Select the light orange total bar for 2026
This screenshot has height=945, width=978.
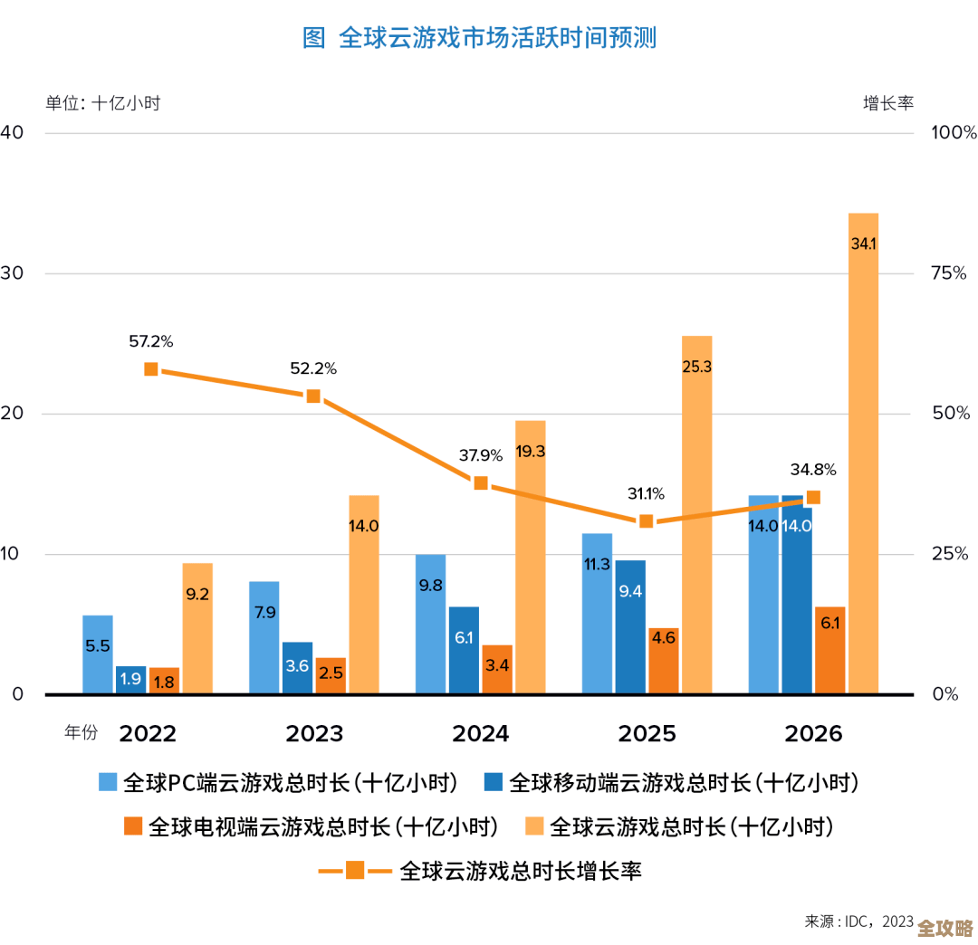pyautogui.click(x=863, y=453)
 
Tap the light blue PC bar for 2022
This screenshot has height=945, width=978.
pyautogui.click(x=98, y=654)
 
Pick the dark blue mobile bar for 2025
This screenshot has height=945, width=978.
pyautogui.click(x=630, y=626)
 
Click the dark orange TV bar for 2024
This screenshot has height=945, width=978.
pyautogui.click(x=497, y=669)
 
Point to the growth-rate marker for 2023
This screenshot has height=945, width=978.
pyautogui.click(x=313, y=396)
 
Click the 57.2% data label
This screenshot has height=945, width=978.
pyautogui.click(x=150, y=342)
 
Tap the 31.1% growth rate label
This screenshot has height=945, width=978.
pyautogui.click(x=646, y=494)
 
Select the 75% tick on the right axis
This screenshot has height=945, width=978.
pyautogui.click(x=949, y=273)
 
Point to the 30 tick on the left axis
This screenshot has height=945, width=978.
pyautogui.click(x=12, y=273)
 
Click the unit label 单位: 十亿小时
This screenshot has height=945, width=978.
pyautogui.click(x=102, y=103)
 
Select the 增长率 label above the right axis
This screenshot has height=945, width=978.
pyautogui.click(x=887, y=103)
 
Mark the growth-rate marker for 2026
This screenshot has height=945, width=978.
pyautogui.click(x=813, y=497)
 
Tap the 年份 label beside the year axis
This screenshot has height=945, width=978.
pyautogui.click(x=81, y=733)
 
